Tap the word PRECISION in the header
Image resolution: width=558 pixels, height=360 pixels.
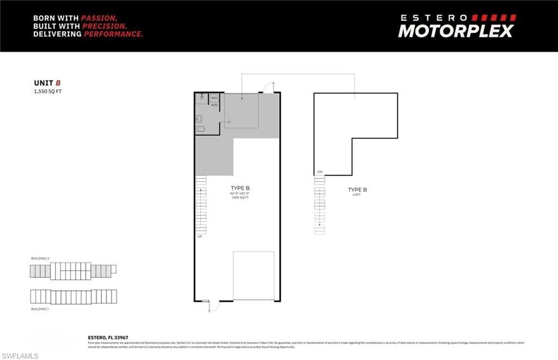point(105,26)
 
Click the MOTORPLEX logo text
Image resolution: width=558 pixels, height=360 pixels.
point(456,31)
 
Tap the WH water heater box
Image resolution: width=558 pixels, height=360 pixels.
point(214,98)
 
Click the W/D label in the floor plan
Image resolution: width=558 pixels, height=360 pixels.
point(214,105)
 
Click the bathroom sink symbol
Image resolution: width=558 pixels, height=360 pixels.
point(200,117)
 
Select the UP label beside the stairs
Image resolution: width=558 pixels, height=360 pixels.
point(200,236)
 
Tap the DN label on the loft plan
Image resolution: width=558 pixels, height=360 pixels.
point(319,172)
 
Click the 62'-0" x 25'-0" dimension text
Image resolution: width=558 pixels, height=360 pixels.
point(240,193)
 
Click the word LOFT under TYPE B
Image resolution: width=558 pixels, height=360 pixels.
point(357,194)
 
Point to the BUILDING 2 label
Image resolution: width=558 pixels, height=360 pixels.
point(40,258)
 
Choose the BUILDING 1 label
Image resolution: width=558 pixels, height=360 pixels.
point(40,309)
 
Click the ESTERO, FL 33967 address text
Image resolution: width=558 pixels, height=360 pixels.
point(108,338)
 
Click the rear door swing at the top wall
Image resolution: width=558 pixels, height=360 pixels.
point(269,87)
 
